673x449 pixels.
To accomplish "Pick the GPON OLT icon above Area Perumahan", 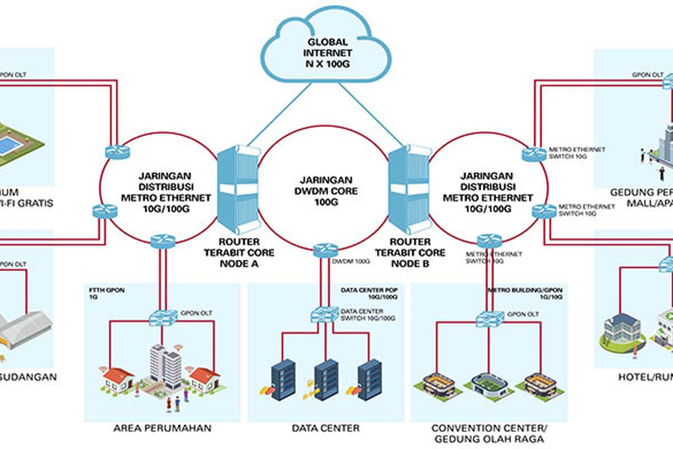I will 163,317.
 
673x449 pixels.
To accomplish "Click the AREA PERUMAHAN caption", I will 163,429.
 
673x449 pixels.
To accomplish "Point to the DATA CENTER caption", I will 326,429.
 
